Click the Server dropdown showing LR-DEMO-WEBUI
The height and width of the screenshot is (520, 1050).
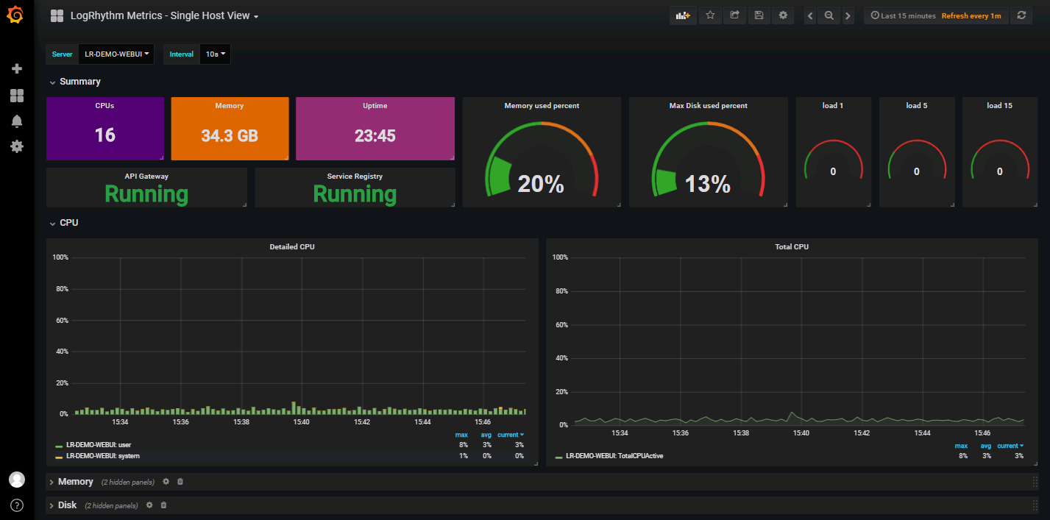pyautogui.click(x=116, y=54)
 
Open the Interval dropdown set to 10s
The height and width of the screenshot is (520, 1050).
pyautogui.click(x=214, y=54)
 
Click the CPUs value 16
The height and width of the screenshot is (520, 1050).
pyautogui.click(x=104, y=135)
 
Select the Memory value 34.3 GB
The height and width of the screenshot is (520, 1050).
pyautogui.click(x=229, y=136)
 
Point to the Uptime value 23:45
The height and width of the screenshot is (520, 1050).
pyautogui.click(x=375, y=136)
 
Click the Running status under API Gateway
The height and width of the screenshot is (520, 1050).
pyautogui.click(x=146, y=193)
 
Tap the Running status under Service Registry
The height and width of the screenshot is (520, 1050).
pyautogui.click(x=355, y=193)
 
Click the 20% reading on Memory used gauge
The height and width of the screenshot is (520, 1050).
pyautogui.click(x=541, y=184)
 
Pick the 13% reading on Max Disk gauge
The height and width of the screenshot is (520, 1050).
pyautogui.click(x=708, y=184)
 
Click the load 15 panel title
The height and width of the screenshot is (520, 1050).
pyautogui.click(x=999, y=106)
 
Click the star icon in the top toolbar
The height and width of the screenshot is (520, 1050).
pyautogui.click(x=710, y=15)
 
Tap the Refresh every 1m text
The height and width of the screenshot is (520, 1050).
pyautogui.click(x=971, y=16)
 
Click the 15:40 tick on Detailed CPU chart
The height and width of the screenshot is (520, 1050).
pyautogui.click(x=302, y=422)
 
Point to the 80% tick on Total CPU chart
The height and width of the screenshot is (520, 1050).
pyautogui.click(x=560, y=291)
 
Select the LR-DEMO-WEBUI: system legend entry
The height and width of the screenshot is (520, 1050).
pyautogui.click(x=103, y=456)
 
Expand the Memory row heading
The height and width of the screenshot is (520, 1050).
pyautogui.click(x=75, y=482)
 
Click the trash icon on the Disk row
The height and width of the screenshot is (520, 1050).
pyautogui.click(x=163, y=505)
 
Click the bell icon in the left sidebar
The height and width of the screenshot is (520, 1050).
pyautogui.click(x=17, y=121)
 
